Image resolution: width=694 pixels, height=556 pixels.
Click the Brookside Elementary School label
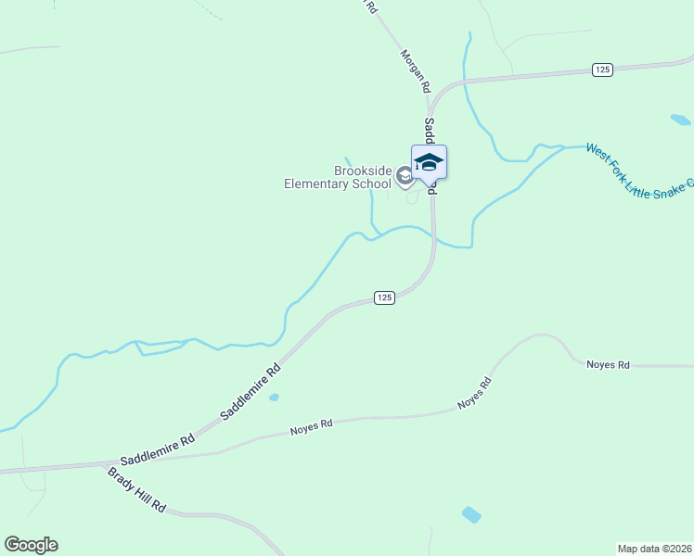click(x=338, y=177)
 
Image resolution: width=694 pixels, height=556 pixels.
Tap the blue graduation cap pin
click(x=429, y=163)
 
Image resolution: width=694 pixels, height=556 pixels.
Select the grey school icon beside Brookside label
click(x=405, y=175)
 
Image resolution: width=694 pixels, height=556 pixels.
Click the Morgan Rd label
click(x=416, y=70)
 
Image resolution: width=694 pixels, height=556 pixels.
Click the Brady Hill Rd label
click(x=136, y=490)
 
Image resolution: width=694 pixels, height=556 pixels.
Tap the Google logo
click(x=31, y=545)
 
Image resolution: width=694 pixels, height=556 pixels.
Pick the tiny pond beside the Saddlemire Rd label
click(x=274, y=398)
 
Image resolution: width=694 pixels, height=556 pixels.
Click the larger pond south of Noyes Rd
click(x=471, y=514)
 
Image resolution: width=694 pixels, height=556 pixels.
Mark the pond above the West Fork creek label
click(x=680, y=120)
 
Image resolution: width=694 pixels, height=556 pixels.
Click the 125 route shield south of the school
click(x=386, y=297)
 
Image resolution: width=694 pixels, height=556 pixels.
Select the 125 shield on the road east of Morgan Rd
click(x=603, y=69)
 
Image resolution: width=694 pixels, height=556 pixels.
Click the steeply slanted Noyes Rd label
click(x=473, y=394)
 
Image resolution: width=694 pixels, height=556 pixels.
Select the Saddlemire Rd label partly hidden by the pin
click(x=430, y=134)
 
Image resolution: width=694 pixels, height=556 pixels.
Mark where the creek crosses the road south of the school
click(x=433, y=239)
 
